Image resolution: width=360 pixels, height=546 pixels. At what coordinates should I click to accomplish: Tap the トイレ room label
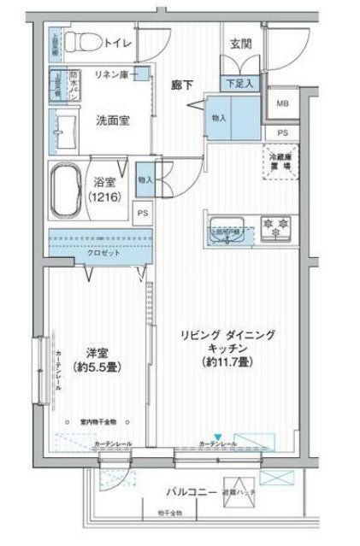click(x=117, y=40)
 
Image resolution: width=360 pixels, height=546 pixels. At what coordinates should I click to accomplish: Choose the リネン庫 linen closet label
click(x=111, y=75)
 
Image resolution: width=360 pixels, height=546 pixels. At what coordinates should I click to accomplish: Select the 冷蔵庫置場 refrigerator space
click(x=280, y=161)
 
